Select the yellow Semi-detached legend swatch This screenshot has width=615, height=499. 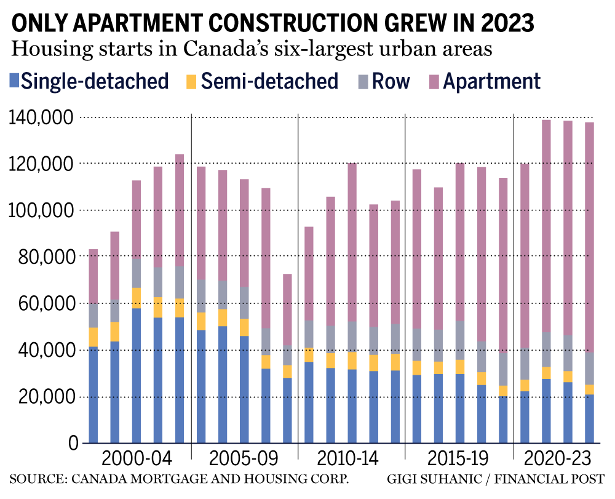tap(192, 81)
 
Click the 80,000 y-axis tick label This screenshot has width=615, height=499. tap(43, 257)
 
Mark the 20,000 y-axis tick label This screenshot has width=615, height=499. tap(43, 397)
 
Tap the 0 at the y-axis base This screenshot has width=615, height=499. tap(73, 443)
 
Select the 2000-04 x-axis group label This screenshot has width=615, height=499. tap(137, 460)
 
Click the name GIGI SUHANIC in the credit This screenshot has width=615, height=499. tap(426, 479)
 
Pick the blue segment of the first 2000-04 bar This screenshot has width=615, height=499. tap(93, 394)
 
